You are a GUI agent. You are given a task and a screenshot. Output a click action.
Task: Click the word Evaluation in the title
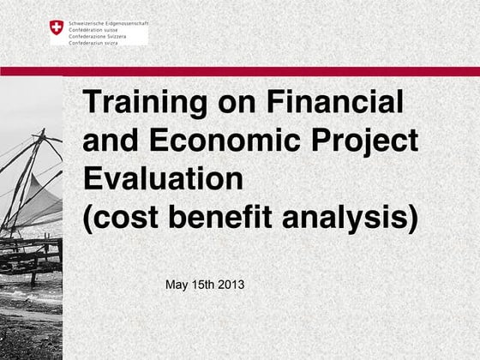[164, 178]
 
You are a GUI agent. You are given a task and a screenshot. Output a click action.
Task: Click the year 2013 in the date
[230, 284]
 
